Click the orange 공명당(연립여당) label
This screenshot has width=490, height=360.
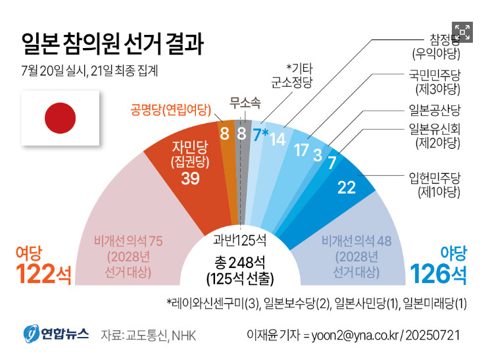pos(169,109)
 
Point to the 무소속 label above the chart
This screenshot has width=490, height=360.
pos(245,102)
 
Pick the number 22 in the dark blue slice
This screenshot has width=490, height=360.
pos(346,187)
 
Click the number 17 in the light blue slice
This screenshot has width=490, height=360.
pos(301,149)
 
